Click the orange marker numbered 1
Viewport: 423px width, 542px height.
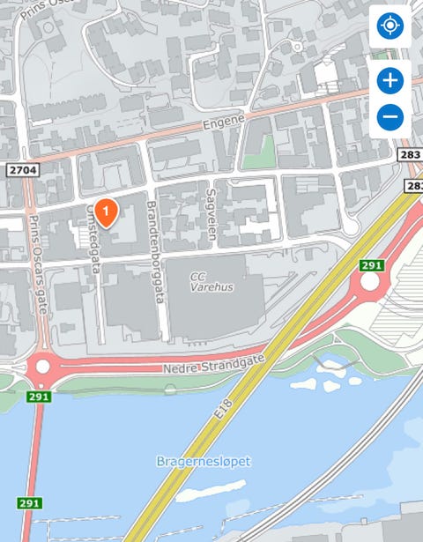pyautogui.click(x=106, y=212)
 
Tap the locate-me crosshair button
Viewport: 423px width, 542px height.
pyautogui.click(x=390, y=26)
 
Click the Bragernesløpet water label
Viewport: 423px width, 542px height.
pyautogui.click(x=203, y=461)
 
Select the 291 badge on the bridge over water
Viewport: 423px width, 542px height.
pyautogui.click(x=29, y=503)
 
